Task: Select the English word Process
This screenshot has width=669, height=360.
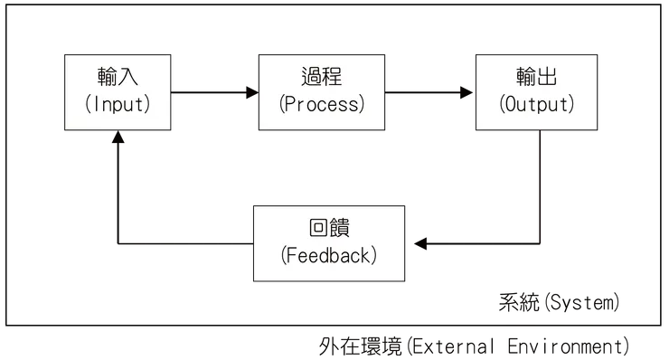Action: tap(323, 104)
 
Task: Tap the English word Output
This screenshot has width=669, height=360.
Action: tap(538, 104)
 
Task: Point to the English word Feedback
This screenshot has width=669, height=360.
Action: tap(328, 255)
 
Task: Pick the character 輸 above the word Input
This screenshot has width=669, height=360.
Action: tap(104, 77)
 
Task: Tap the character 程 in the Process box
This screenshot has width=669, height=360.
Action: tap(334, 77)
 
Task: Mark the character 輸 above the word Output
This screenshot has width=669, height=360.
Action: tap(525, 77)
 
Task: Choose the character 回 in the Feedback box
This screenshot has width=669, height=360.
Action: tap(316, 228)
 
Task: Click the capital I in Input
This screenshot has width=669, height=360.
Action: tap(95, 104)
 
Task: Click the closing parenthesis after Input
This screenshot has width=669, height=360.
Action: tap(146, 104)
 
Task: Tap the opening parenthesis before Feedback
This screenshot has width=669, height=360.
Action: tap(282, 255)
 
